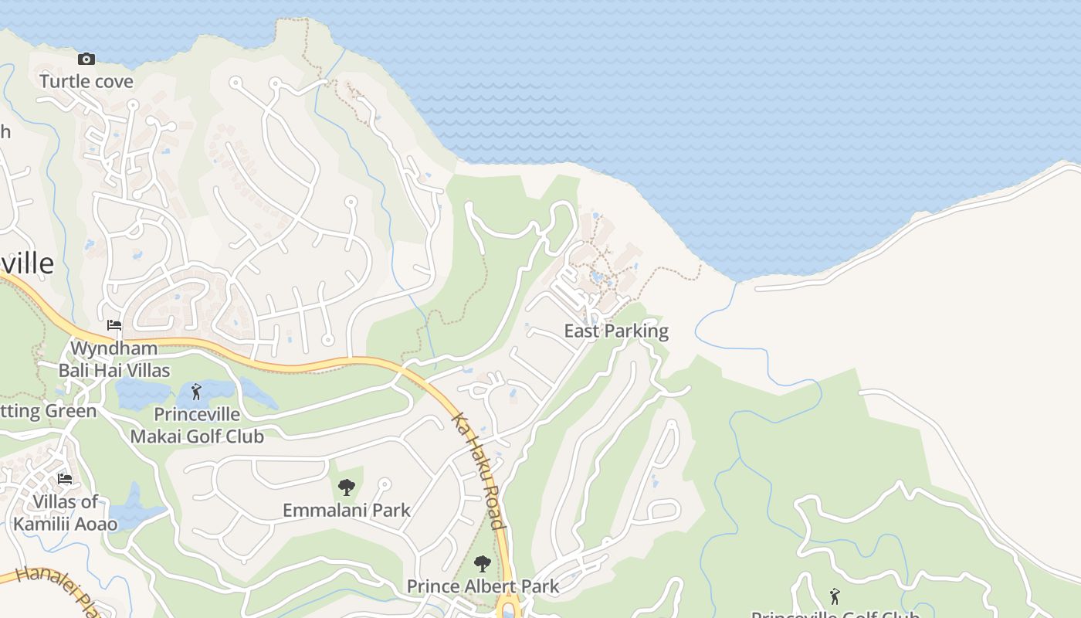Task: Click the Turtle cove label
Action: pyautogui.click(x=86, y=81)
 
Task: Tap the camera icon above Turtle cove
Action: pyautogui.click(x=86, y=59)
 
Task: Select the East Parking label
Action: pyautogui.click(x=616, y=331)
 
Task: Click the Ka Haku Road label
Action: pyautogui.click(x=479, y=471)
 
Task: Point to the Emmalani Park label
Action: pyautogui.click(x=347, y=511)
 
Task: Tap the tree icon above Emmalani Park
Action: pyautogui.click(x=347, y=487)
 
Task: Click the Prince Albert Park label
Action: pyautogui.click(x=483, y=586)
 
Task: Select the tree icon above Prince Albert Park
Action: pyautogui.click(x=483, y=564)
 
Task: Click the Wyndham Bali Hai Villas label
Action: pyautogui.click(x=114, y=359)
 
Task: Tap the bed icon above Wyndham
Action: pyautogui.click(x=114, y=325)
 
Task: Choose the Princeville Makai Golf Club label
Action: pyautogui.click(x=197, y=426)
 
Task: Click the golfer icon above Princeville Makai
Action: pyautogui.click(x=197, y=392)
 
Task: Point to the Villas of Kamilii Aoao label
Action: pyautogui.click(x=66, y=513)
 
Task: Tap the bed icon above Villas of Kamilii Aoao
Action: pyautogui.click(x=65, y=479)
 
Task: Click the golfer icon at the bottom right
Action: pyautogui.click(x=835, y=596)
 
